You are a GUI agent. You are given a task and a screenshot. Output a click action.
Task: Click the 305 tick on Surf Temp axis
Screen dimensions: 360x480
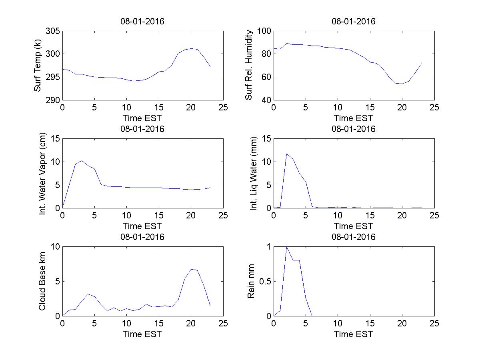coord(53,31)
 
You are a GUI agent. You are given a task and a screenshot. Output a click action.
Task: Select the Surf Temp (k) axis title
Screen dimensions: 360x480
coord(38,66)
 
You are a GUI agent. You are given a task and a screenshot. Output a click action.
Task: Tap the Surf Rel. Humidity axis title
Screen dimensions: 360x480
coord(249,66)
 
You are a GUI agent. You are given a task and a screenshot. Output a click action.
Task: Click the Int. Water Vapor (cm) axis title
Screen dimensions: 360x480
coord(43,173)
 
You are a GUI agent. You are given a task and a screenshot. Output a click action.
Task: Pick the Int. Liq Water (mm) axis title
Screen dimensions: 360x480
coord(254,173)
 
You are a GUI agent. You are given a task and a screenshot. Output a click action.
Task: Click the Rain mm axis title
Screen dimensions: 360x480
coord(251,281)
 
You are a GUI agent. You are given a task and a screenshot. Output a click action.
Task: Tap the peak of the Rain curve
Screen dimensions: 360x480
coord(286,247)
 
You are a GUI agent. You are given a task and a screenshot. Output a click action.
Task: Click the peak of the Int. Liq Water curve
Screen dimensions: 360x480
coord(286,154)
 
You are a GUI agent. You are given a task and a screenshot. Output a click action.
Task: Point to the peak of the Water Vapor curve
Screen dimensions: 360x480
coord(82,161)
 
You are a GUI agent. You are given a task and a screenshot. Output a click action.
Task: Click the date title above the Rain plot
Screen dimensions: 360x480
coord(354,237)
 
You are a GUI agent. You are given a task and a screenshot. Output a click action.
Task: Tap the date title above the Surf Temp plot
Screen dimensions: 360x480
coord(142,22)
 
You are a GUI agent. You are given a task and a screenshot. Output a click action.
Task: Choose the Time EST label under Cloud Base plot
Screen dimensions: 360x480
coord(142,334)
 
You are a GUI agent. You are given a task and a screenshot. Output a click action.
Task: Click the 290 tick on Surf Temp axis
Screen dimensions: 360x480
coord(53,100)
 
